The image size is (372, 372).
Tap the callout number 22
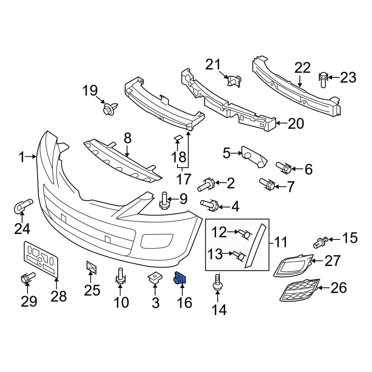tap(302, 68)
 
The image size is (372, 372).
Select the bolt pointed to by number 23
tap(323, 79)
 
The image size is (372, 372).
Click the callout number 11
tap(281, 243)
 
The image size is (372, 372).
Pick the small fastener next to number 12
tap(244, 234)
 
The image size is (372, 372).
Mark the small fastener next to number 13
tap(240, 255)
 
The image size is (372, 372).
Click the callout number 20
tap(296, 123)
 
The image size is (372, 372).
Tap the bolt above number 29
tap(27, 278)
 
